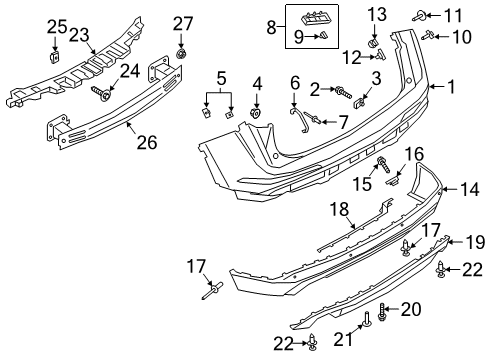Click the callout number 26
(146, 143)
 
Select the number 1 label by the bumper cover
(450, 88)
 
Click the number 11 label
(454, 14)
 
